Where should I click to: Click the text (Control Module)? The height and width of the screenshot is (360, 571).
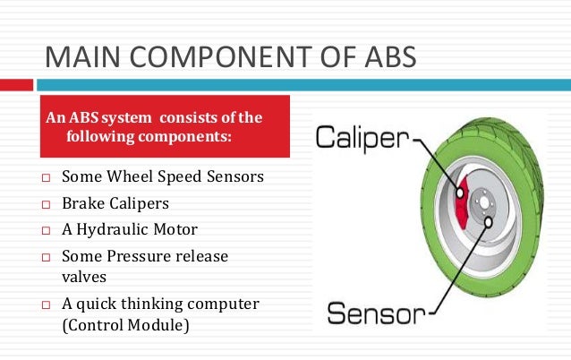coord(125,326)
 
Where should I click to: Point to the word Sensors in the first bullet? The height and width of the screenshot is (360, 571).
coord(232,176)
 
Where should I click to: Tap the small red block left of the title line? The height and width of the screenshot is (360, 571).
coord(16,83)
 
